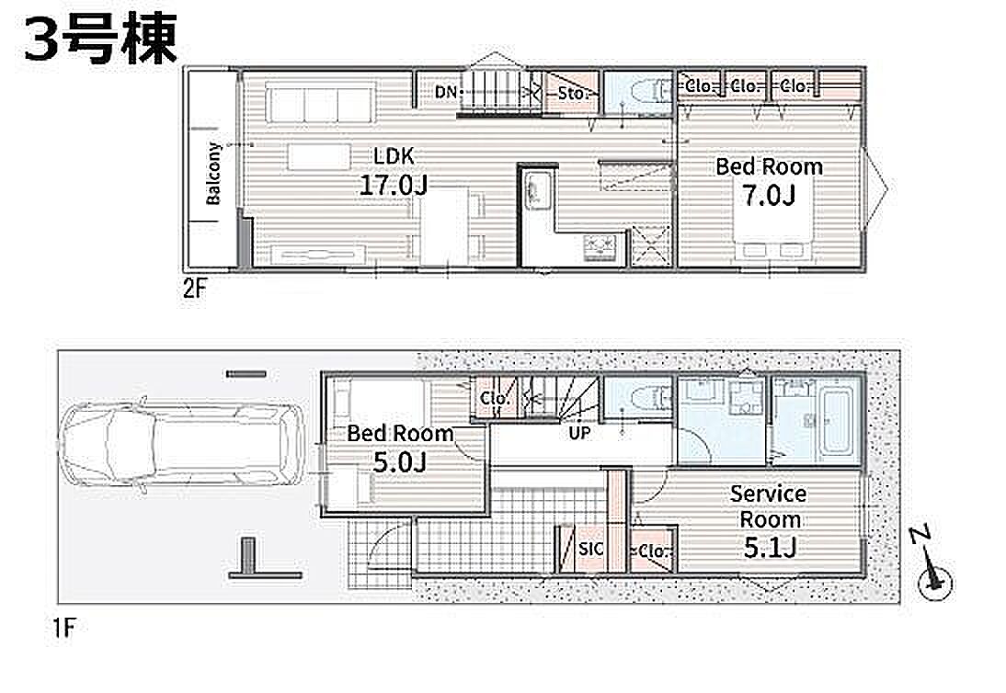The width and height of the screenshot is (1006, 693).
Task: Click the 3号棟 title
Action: (101, 40)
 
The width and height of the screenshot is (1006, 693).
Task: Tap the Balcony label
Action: (213, 174)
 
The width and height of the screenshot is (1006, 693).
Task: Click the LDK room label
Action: (394, 155)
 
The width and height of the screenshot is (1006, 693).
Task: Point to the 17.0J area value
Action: (394, 186)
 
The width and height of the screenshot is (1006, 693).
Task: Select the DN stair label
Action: (446, 92)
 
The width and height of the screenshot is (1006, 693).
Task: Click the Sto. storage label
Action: (571, 94)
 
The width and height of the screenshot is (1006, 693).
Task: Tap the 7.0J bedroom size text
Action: (770, 195)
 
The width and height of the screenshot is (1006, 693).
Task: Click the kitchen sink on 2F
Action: (536, 189)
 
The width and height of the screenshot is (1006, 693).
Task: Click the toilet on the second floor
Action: (649, 92)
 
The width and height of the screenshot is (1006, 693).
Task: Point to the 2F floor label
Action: (195, 290)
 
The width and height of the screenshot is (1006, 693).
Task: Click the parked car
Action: (180, 446)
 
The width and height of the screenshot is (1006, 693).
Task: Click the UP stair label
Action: (579, 434)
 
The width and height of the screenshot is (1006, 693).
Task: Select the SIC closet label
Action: (590, 549)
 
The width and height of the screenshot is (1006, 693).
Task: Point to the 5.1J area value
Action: (770, 548)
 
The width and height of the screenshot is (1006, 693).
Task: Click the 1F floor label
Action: (64, 629)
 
